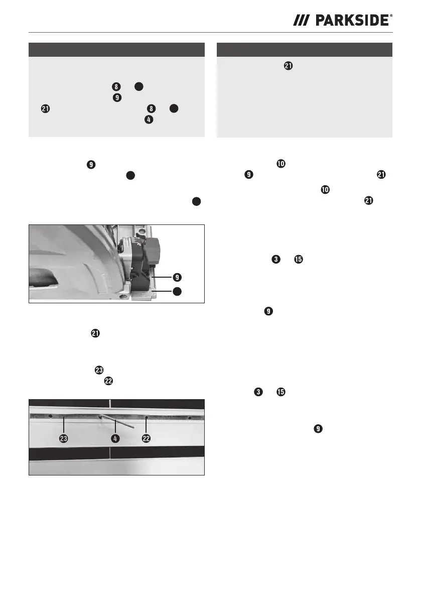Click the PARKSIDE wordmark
[x=352, y=21]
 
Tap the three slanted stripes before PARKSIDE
[x=301, y=21]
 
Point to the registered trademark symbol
[x=391, y=16]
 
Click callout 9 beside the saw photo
[x=177, y=277]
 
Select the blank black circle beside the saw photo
[x=177, y=291]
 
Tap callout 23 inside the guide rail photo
[x=64, y=439]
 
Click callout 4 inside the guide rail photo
[x=115, y=439]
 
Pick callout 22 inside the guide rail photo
[x=147, y=439]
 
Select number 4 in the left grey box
[x=149, y=120]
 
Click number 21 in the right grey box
[x=289, y=66]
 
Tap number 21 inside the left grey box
[x=45, y=108]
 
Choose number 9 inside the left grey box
[x=117, y=97]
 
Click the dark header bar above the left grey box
[x=116, y=50]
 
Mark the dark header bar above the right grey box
[x=305, y=50]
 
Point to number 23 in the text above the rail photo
[x=99, y=370]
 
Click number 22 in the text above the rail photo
[x=108, y=381]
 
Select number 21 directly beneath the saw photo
[x=95, y=333]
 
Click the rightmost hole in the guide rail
[x=189, y=418]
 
